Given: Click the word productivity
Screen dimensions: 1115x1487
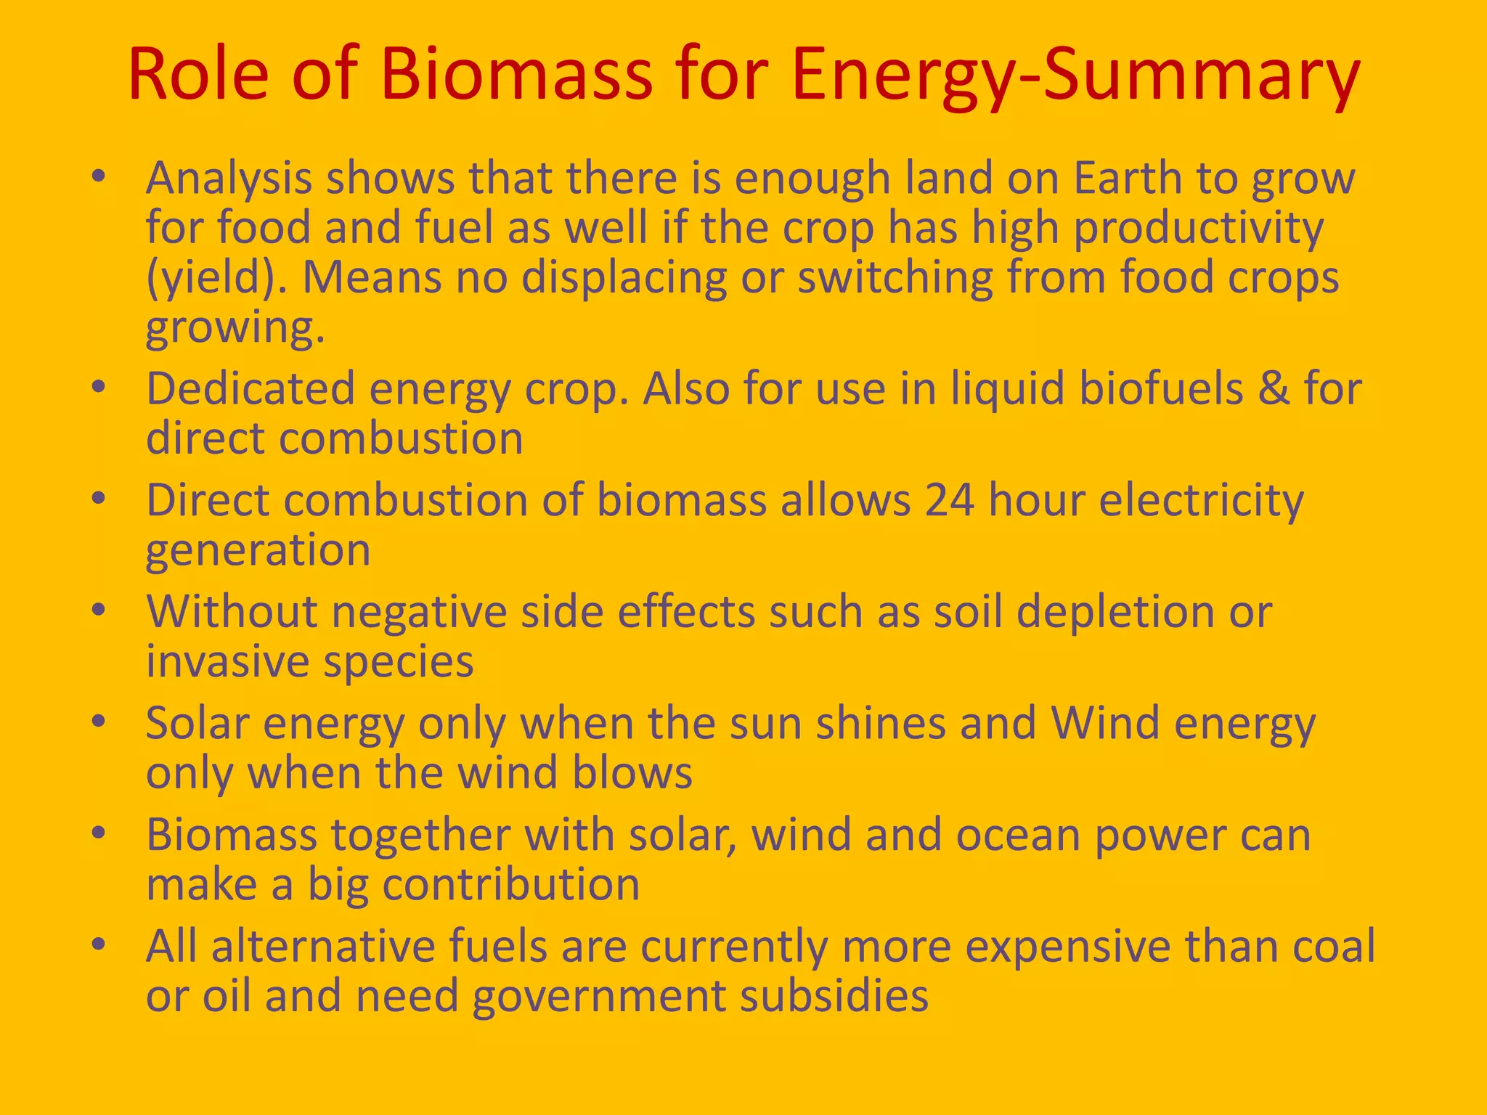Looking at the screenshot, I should [1199, 228].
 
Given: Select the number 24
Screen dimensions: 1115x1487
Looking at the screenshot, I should [950, 500].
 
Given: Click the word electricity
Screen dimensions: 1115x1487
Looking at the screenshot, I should [1202, 501].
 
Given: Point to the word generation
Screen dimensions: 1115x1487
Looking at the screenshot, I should [258, 550].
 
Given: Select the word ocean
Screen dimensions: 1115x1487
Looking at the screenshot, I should [1018, 835].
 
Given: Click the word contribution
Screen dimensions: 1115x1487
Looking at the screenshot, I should [510, 884].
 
